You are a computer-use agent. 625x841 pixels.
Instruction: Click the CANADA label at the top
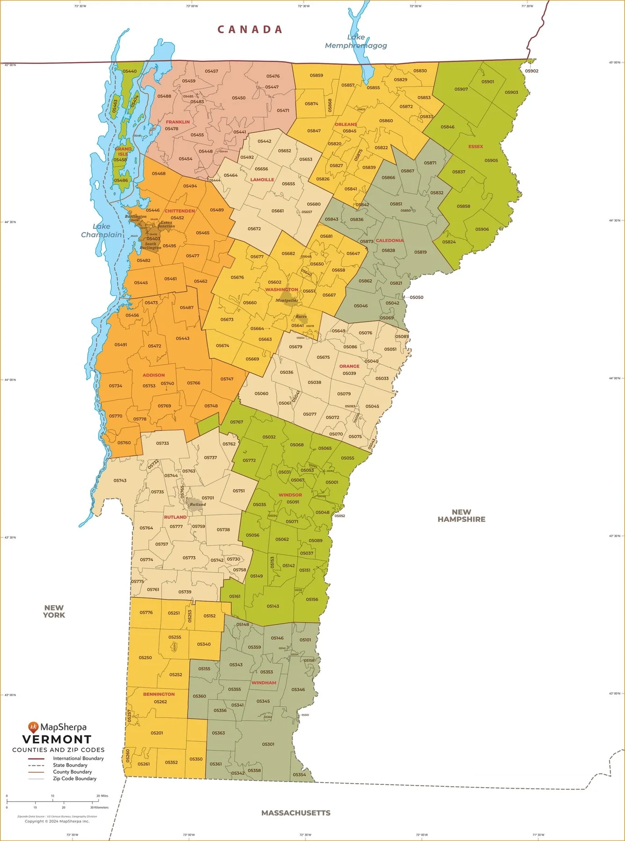pyautogui.click(x=250, y=29)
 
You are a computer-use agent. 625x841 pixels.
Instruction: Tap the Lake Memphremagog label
pyautogui.click(x=356, y=42)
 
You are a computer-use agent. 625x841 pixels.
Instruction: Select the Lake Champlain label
pyautogui.click(x=101, y=230)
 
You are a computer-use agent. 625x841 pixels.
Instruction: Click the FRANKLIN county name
pyautogui.click(x=178, y=122)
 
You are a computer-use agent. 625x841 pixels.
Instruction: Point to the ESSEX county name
pyautogui.click(x=475, y=147)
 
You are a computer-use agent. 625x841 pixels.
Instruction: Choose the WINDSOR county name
pyautogui.click(x=290, y=495)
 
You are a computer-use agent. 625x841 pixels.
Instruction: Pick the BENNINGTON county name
pyautogui.click(x=159, y=694)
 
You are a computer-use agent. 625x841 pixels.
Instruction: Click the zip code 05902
pyautogui.click(x=532, y=71)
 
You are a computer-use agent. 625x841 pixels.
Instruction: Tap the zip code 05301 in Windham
pyautogui.click(x=268, y=744)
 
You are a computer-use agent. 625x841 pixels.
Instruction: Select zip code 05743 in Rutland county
pyautogui.click(x=120, y=480)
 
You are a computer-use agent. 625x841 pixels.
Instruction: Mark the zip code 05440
pyautogui.click(x=129, y=71)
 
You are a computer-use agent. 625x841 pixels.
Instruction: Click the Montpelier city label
pyautogui.click(x=286, y=300)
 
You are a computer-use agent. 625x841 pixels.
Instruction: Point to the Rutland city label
pyautogui.click(x=198, y=505)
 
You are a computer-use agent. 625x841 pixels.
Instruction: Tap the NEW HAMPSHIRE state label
pyautogui.click(x=461, y=515)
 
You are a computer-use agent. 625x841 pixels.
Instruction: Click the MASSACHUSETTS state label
pyautogui.click(x=295, y=813)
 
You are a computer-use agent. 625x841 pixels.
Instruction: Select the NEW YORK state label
pyautogui.click(x=54, y=611)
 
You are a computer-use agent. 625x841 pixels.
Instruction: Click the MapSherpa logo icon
pyautogui.click(x=33, y=727)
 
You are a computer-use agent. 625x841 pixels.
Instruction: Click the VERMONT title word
pyautogui.click(x=57, y=740)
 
